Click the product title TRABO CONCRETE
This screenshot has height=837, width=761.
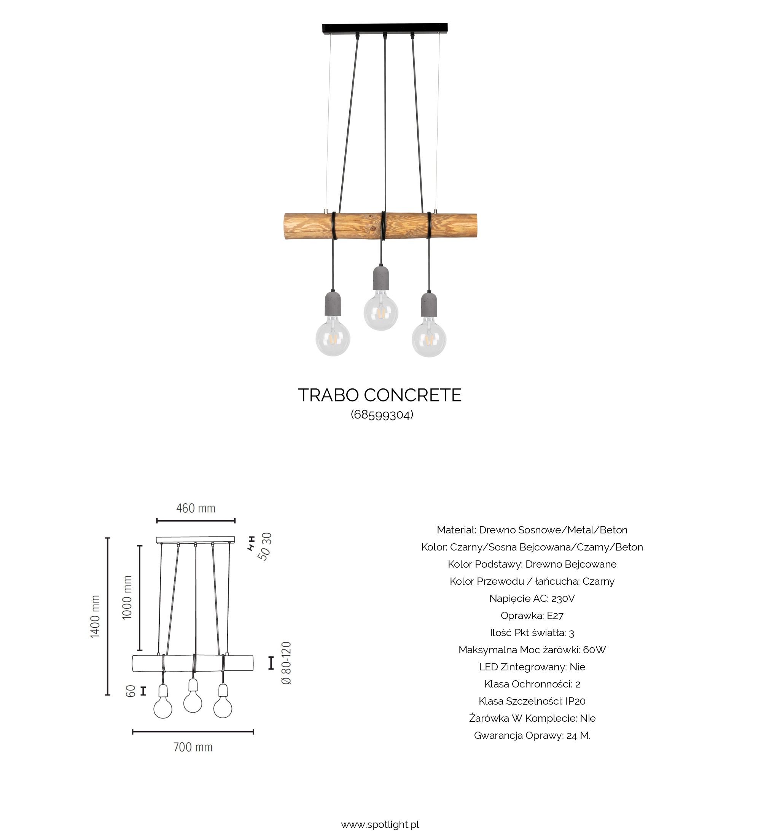click(379, 395)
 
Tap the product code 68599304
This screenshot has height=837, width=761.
click(382, 414)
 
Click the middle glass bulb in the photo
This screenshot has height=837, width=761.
click(381, 313)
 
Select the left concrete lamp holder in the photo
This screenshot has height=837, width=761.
click(333, 304)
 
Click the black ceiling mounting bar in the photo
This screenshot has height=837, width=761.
click(385, 28)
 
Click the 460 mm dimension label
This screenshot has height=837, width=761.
click(196, 508)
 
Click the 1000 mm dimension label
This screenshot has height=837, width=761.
click(127, 597)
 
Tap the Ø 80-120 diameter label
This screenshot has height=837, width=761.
click(287, 663)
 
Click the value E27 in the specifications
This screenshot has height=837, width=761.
click(555, 615)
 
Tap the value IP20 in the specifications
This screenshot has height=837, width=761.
click(575, 701)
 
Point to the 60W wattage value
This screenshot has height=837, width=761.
click(594, 650)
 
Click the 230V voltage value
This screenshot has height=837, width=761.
click(563, 598)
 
